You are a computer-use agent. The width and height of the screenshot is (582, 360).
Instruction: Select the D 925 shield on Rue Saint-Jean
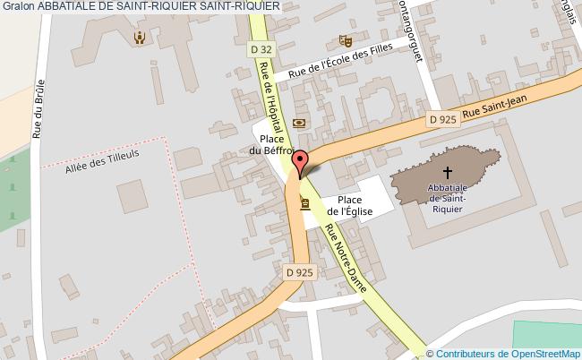point(442,118)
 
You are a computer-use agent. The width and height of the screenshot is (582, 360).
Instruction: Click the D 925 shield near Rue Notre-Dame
point(300,271)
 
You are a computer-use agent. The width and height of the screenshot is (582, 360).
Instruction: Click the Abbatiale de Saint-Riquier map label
point(446,198)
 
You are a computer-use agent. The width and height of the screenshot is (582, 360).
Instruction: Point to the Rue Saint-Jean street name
point(509,106)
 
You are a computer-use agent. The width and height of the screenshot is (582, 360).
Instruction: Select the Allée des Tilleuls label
point(103,159)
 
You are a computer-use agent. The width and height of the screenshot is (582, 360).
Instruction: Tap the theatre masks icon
point(344,40)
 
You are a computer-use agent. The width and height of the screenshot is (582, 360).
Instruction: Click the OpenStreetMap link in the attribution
point(546,354)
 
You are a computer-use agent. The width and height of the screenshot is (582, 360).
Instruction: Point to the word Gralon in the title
point(16,6)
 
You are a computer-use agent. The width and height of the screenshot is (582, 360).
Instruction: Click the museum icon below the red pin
point(305,204)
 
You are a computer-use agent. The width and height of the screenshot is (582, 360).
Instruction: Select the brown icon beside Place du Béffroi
point(299,124)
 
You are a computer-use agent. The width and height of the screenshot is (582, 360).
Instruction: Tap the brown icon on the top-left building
point(139,38)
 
